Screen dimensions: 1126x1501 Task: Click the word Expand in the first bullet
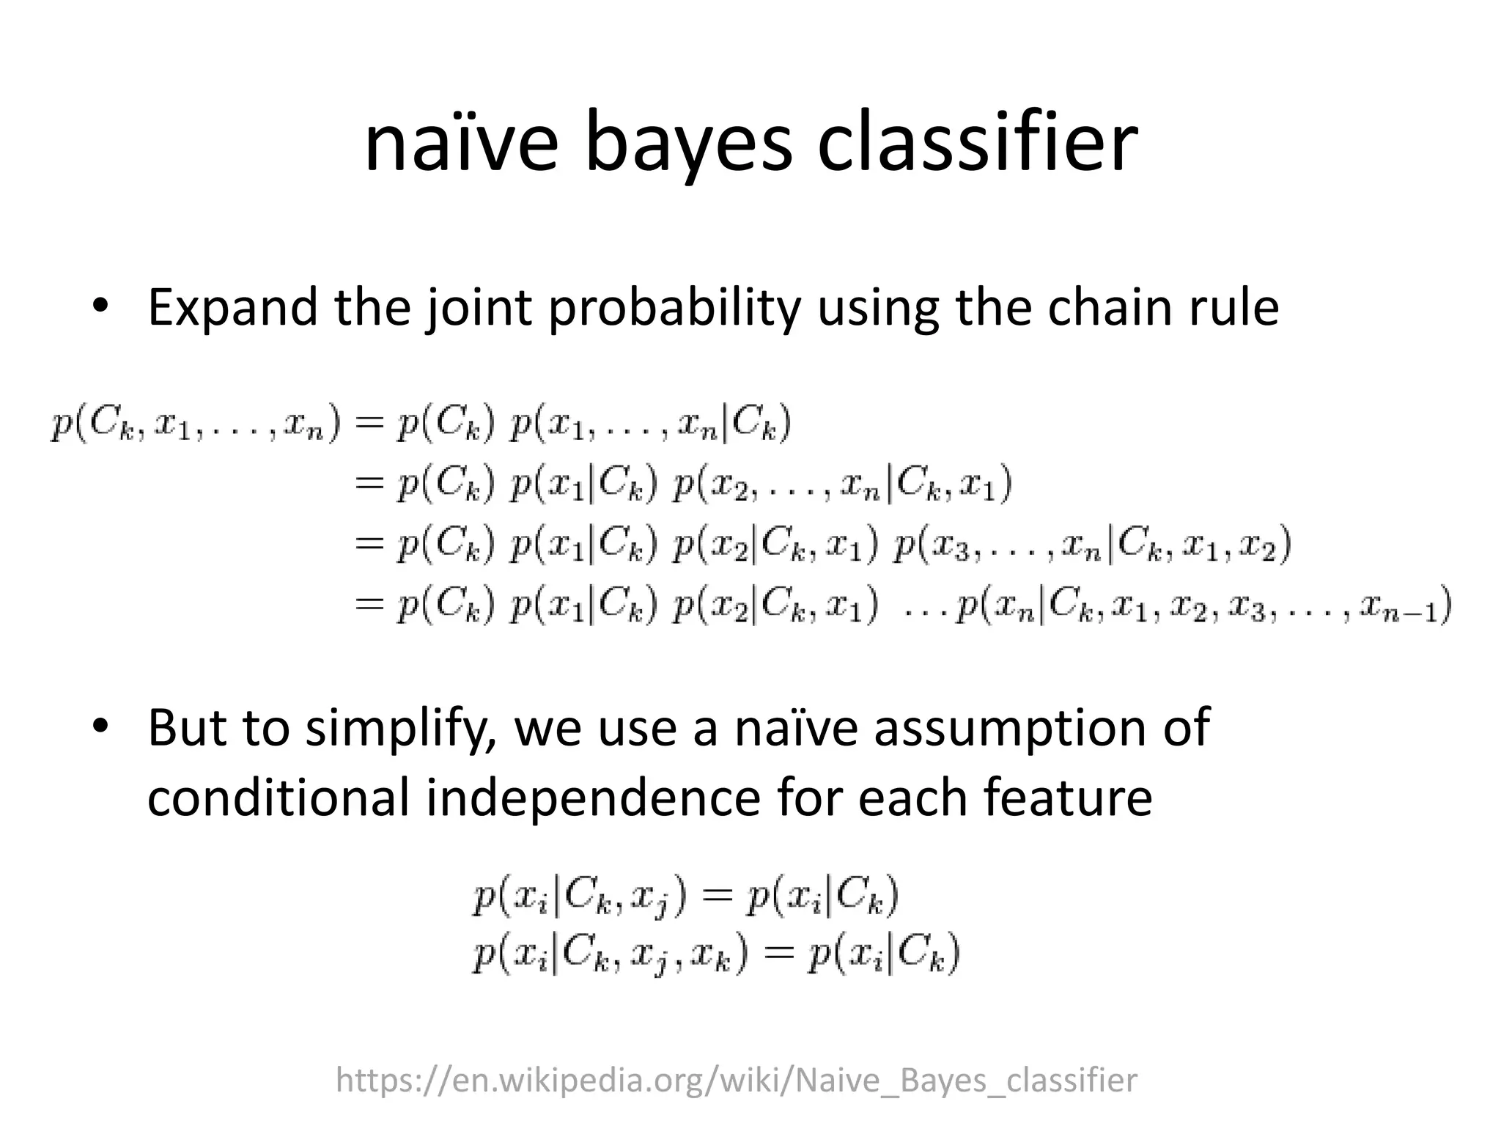pyautogui.click(x=232, y=307)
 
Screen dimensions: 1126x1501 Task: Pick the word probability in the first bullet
pyautogui.click(x=675, y=307)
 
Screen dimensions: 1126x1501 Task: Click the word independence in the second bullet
pyautogui.click(x=593, y=797)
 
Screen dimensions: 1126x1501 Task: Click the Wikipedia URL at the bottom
pyautogui.click(x=736, y=1080)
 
